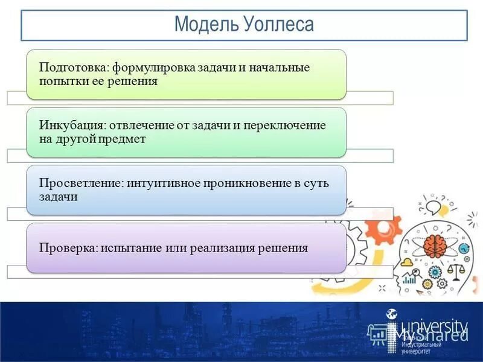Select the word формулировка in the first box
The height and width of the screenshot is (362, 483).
pyautogui.click(x=149, y=68)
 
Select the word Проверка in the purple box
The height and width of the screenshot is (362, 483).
pyautogui.click(x=66, y=248)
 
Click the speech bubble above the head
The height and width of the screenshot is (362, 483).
pyautogui.click(x=433, y=208)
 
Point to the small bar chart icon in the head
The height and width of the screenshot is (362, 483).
pyautogui.click(x=410, y=278)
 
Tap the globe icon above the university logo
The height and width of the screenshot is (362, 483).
pyautogui.click(x=392, y=314)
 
